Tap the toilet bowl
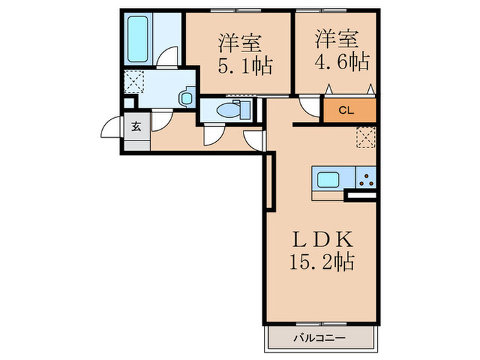228,110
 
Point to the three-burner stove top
365,180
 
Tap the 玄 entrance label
136,126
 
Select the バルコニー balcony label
321,337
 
